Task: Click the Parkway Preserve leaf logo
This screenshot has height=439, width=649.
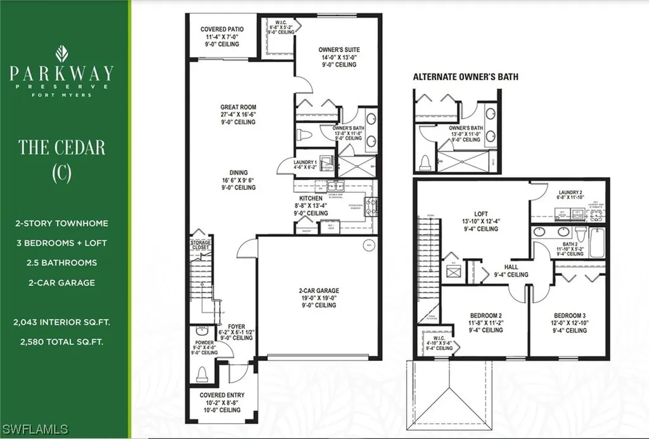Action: tap(61, 53)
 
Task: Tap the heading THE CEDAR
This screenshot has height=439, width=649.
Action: tap(61, 147)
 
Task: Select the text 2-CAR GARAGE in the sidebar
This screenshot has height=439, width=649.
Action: tap(61, 282)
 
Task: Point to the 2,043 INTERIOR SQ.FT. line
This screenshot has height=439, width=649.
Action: tap(61, 322)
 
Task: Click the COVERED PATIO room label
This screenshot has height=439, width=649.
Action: tap(222, 29)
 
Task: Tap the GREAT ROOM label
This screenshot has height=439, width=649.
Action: tap(238, 107)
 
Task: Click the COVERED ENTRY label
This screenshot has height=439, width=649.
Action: tap(221, 395)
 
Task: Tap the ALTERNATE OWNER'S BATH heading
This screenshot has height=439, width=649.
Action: tap(465, 77)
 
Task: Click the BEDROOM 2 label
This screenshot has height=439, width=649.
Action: tap(485, 315)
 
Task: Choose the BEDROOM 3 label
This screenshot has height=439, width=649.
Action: tap(569, 315)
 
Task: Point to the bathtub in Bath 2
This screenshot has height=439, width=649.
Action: tap(597, 242)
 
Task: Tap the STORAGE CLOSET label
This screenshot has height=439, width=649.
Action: tap(201, 246)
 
